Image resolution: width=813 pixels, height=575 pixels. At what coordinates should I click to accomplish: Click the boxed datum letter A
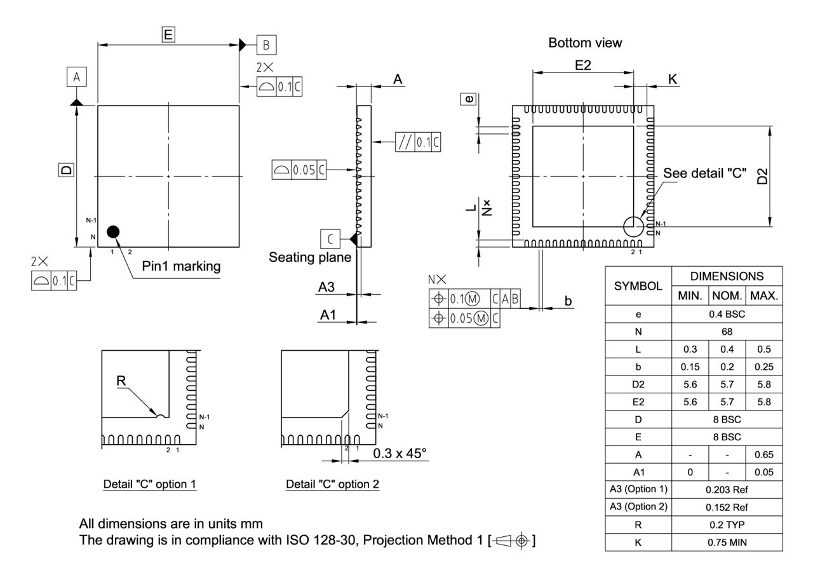click(x=77, y=78)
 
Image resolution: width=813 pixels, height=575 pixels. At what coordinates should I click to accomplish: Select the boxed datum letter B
click(x=266, y=44)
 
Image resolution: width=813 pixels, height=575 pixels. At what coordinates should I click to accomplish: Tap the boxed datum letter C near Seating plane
click(x=330, y=239)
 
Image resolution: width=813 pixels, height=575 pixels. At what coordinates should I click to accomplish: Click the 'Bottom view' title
click(x=585, y=43)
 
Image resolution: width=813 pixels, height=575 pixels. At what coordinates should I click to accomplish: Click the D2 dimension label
click(x=763, y=176)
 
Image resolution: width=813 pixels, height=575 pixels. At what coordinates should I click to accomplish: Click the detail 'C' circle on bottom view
click(x=633, y=226)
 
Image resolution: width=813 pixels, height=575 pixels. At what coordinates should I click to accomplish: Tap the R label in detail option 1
click(x=121, y=381)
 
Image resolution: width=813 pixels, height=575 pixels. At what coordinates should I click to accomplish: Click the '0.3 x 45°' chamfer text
click(x=400, y=454)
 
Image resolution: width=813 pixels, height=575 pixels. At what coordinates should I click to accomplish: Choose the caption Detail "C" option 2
click(x=332, y=484)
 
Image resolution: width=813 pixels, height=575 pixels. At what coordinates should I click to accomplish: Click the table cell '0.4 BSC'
click(x=727, y=314)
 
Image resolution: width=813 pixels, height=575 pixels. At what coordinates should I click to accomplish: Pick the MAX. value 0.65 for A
click(x=764, y=455)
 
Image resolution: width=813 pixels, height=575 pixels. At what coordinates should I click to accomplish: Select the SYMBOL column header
click(x=638, y=286)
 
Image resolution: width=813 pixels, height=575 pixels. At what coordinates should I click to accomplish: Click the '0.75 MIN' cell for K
click(x=727, y=543)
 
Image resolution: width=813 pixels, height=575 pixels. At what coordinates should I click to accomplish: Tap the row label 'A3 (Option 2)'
click(x=638, y=507)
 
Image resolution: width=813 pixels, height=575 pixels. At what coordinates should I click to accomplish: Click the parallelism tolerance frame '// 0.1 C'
click(x=418, y=142)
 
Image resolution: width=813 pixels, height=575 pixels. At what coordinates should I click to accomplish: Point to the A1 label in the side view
click(x=328, y=315)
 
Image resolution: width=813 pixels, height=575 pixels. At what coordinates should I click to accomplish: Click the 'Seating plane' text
click(x=309, y=257)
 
